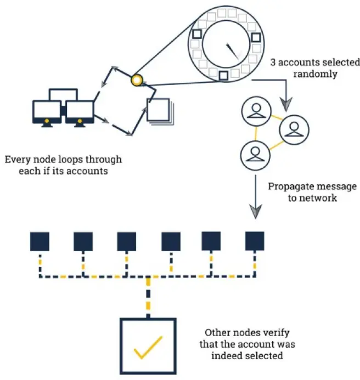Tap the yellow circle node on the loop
click(137, 80)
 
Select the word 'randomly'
click(315, 74)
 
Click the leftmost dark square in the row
click(40, 241)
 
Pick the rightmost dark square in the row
click(255, 241)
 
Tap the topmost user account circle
click(256, 111)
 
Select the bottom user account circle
click(255, 155)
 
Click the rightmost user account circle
click(294, 129)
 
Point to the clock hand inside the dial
click(232, 51)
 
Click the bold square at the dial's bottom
click(223, 76)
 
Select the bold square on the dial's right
click(256, 38)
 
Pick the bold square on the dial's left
click(197, 33)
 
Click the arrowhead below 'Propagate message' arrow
click(255, 212)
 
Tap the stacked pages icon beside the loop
click(160, 111)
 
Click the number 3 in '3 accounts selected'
click(273, 63)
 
